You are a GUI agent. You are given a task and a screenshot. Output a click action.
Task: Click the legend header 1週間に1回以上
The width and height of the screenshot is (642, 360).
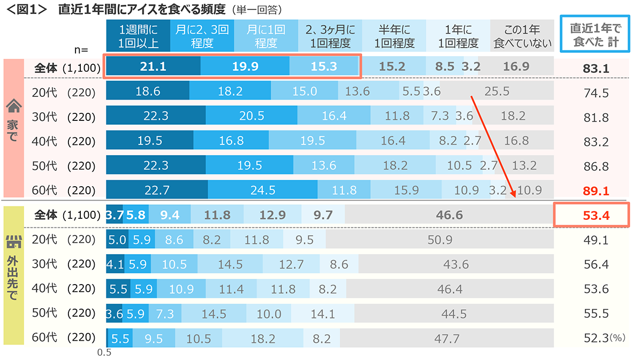pyautogui.click(x=137, y=36)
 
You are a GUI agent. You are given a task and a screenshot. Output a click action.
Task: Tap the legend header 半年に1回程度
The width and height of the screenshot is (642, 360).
pyautogui.click(x=394, y=36)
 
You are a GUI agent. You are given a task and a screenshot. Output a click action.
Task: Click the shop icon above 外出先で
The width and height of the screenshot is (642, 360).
pyautogui.click(x=13, y=242)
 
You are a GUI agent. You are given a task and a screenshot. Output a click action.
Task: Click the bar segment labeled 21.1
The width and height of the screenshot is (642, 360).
pyautogui.click(x=153, y=66)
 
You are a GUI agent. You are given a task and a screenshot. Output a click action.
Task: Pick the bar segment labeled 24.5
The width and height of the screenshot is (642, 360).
pyautogui.click(x=262, y=190)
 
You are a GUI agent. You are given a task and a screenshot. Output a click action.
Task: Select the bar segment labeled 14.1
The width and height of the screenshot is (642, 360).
pyautogui.click(x=323, y=313)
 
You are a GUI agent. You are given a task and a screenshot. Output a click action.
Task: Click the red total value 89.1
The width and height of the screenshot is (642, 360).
pyautogui.click(x=596, y=190)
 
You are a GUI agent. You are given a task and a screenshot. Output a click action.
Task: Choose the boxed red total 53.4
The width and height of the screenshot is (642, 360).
pyautogui.click(x=596, y=216)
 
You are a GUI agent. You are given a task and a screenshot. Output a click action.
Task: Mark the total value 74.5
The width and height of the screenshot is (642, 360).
pyautogui.click(x=596, y=93)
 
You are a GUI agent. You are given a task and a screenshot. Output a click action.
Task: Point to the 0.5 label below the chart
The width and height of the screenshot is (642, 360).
pyautogui.click(x=104, y=353)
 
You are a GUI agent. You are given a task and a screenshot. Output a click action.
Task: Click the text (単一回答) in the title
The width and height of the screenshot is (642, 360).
pyautogui.click(x=257, y=9)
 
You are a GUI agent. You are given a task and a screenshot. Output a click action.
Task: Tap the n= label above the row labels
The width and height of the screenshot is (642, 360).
pyautogui.click(x=81, y=50)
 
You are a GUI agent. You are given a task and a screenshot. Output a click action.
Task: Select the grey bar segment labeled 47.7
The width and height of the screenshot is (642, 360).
pyautogui.click(x=447, y=339)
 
